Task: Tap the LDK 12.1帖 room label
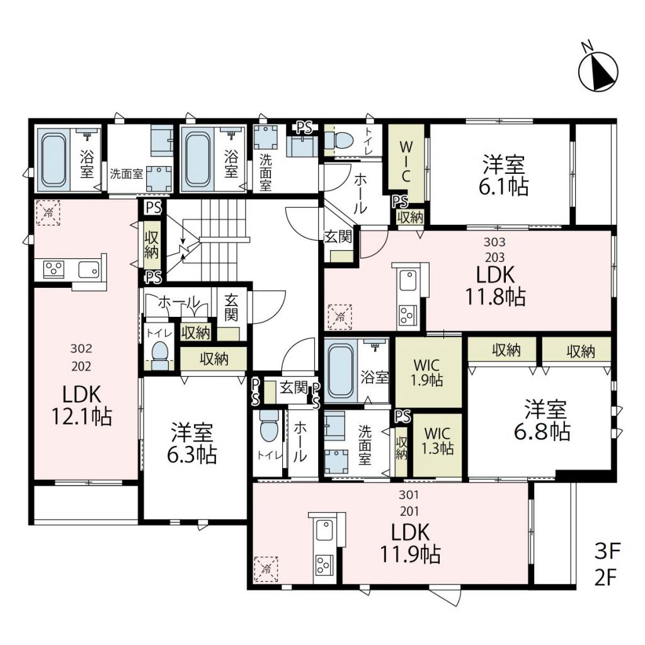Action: point(81,405)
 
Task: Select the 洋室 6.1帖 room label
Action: point(503,175)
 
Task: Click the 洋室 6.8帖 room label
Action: point(542,420)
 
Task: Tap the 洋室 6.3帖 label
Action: point(191,443)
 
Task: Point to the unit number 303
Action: point(494,242)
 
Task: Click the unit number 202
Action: point(81,366)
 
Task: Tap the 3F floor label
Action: point(607,551)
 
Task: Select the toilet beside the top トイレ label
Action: point(340,140)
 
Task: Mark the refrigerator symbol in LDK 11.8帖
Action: point(340,317)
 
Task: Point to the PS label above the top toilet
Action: point(304,127)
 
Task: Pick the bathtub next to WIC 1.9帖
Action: point(340,370)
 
